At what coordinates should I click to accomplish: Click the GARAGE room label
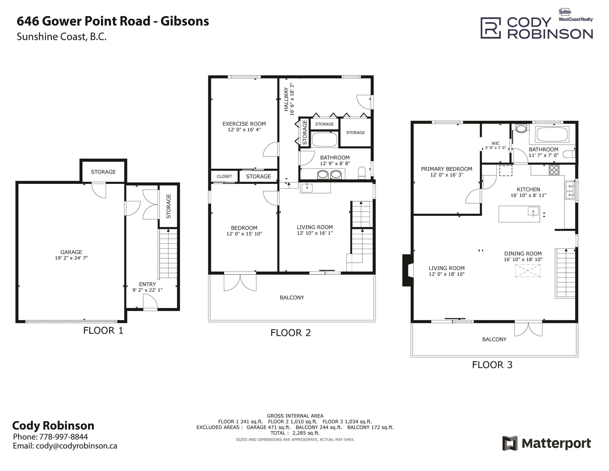click(71, 252)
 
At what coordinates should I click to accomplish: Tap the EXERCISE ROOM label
click(244, 124)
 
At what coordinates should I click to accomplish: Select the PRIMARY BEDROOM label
click(446, 169)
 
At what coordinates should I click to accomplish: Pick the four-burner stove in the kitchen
click(554, 170)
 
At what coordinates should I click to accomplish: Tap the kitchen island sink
click(533, 211)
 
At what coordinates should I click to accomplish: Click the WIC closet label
click(496, 143)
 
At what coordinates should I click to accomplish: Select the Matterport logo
click(547, 443)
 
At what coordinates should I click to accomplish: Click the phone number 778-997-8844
click(63, 437)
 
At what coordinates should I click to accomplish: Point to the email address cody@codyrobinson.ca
click(77, 446)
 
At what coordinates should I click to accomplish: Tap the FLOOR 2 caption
click(291, 333)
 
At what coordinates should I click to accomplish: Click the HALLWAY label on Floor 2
click(286, 99)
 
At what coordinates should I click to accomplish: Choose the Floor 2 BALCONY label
click(292, 297)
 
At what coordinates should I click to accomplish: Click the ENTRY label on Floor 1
click(147, 284)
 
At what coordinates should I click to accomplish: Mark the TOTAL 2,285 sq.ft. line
click(295, 433)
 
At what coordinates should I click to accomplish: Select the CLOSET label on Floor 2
click(224, 176)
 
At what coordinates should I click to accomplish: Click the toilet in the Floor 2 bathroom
click(362, 173)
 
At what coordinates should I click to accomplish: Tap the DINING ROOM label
click(523, 254)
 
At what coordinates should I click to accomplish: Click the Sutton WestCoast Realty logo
click(576, 15)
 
